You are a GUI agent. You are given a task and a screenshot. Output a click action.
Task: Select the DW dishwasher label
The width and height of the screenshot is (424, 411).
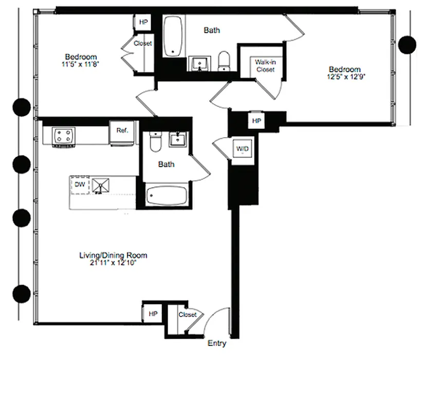[x=80, y=184]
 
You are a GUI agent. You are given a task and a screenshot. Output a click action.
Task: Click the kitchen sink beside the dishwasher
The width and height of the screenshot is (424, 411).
[x=101, y=185]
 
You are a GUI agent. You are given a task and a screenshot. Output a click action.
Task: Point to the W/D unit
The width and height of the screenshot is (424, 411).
[x=242, y=150]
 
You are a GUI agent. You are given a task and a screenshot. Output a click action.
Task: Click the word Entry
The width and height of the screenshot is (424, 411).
[x=216, y=344]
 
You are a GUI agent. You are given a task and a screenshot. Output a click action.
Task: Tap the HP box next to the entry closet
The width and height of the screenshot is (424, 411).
[x=153, y=313]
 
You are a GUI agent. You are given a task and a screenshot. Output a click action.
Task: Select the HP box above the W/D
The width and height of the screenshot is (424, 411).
[x=256, y=121]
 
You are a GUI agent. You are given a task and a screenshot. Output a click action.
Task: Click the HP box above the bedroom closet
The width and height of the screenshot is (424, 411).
[x=142, y=23]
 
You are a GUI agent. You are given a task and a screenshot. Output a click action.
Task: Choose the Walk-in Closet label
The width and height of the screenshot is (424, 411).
[x=265, y=66]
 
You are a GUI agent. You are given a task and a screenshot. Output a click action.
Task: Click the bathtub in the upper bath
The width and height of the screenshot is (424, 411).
[x=174, y=36]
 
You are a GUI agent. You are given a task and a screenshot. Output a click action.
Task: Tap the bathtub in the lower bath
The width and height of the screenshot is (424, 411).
[x=166, y=196]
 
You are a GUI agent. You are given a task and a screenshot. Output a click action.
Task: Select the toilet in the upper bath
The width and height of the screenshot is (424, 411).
[x=224, y=61]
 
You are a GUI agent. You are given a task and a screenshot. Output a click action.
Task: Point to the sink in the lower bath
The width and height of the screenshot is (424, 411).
[x=179, y=139]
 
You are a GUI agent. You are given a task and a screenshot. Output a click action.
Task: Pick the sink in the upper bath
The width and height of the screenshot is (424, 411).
[x=198, y=64]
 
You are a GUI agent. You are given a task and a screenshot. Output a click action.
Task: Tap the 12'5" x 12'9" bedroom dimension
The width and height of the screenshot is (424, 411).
[x=345, y=77]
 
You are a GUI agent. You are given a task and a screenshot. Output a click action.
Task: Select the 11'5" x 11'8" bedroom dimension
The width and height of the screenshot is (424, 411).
[x=81, y=64]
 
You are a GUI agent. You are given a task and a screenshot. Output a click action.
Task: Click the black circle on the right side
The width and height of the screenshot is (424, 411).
[x=407, y=45]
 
